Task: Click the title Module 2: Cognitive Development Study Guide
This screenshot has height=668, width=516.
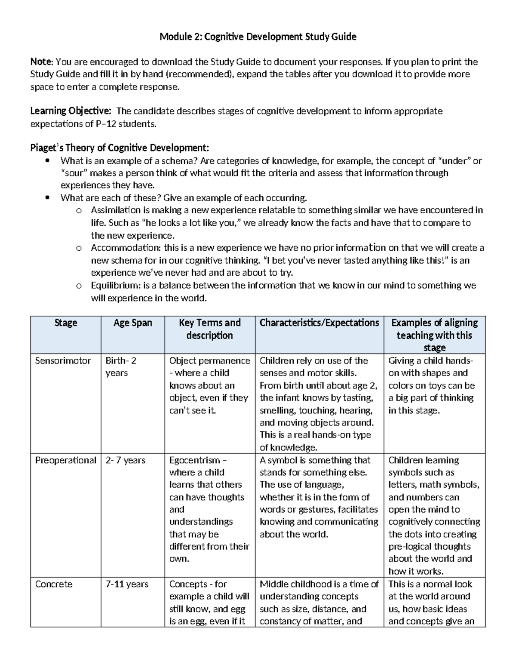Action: pos(258,37)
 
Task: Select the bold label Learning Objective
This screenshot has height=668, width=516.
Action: pos(71,111)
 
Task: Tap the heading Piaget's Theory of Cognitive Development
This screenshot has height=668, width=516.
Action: pos(120,148)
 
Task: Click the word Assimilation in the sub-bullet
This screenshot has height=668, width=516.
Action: pos(116,210)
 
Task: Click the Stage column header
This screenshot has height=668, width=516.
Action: pos(66,323)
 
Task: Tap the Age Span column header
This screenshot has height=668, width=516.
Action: pos(132,323)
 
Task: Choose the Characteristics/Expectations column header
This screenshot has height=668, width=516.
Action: pos(319,323)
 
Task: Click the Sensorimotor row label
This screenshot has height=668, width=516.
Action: pos(63,360)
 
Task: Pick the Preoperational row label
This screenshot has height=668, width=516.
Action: pos(65,460)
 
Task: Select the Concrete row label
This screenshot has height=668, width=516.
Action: pos(54,584)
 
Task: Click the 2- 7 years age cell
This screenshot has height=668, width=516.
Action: pos(126,460)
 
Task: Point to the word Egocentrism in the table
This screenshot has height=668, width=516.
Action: pos(194,460)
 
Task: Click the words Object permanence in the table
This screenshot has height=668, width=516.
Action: pos(209,360)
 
